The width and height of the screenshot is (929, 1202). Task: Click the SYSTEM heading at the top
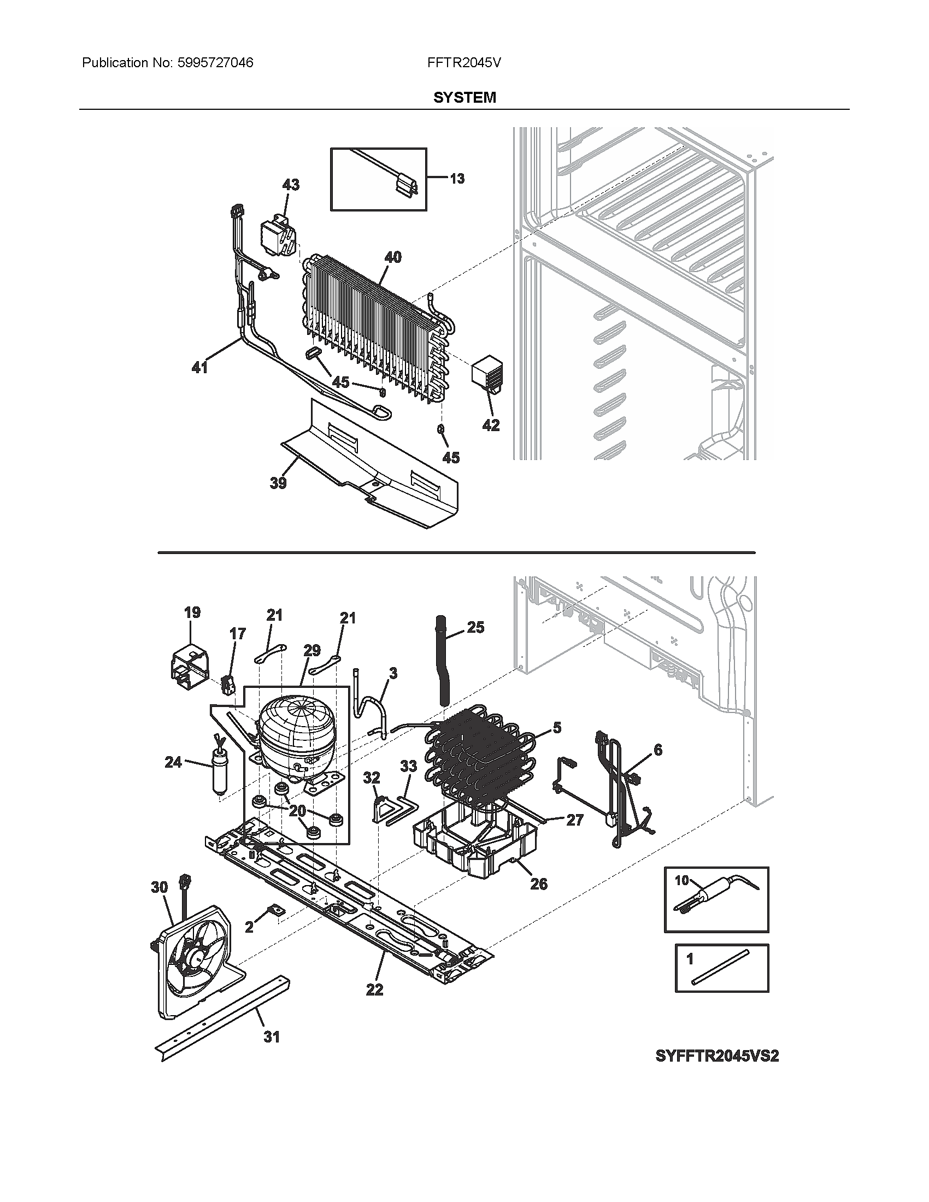[x=464, y=97]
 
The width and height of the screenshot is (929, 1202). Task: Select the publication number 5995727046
[x=215, y=63]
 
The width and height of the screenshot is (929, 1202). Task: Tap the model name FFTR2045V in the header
[x=463, y=63]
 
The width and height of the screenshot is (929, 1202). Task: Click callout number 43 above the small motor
[x=291, y=184]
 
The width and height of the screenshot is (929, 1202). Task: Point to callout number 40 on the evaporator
[x=392, y=257]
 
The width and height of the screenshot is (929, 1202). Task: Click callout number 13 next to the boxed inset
[x=457, y=178]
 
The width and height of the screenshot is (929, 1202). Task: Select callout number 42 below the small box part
[x=491, y=425]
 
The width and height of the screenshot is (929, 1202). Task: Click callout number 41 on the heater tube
[x=199, y=367]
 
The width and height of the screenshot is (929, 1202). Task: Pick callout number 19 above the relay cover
[x=192, y=612]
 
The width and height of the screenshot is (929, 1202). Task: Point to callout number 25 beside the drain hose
[x=475, y=627]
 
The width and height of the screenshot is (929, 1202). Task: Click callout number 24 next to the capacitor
[x=173, y=762]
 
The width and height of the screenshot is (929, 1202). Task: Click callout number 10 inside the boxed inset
[x=681, y=880]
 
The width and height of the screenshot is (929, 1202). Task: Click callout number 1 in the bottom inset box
[x=690, y=959]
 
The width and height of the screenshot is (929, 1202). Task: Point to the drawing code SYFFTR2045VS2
[x=716, y=1056]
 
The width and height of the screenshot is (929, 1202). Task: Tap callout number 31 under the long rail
[x=272, y=1037]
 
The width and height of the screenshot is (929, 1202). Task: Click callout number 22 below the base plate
[x=374, y=989]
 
